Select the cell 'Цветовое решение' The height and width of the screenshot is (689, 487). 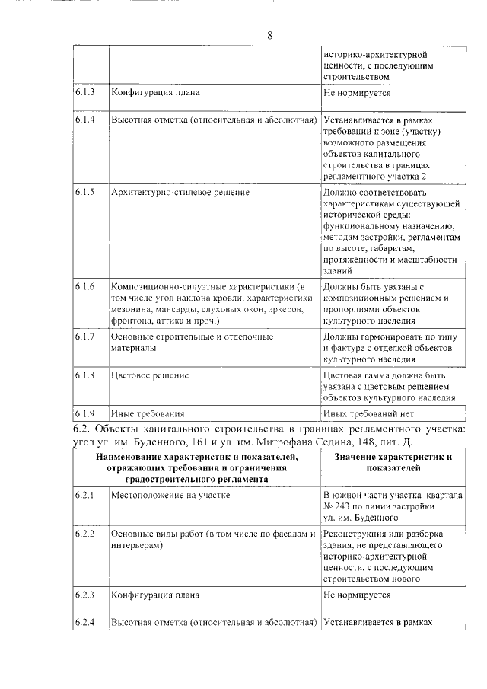[x=150, y=375]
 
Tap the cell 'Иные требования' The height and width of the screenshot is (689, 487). [x=148, y=414]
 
